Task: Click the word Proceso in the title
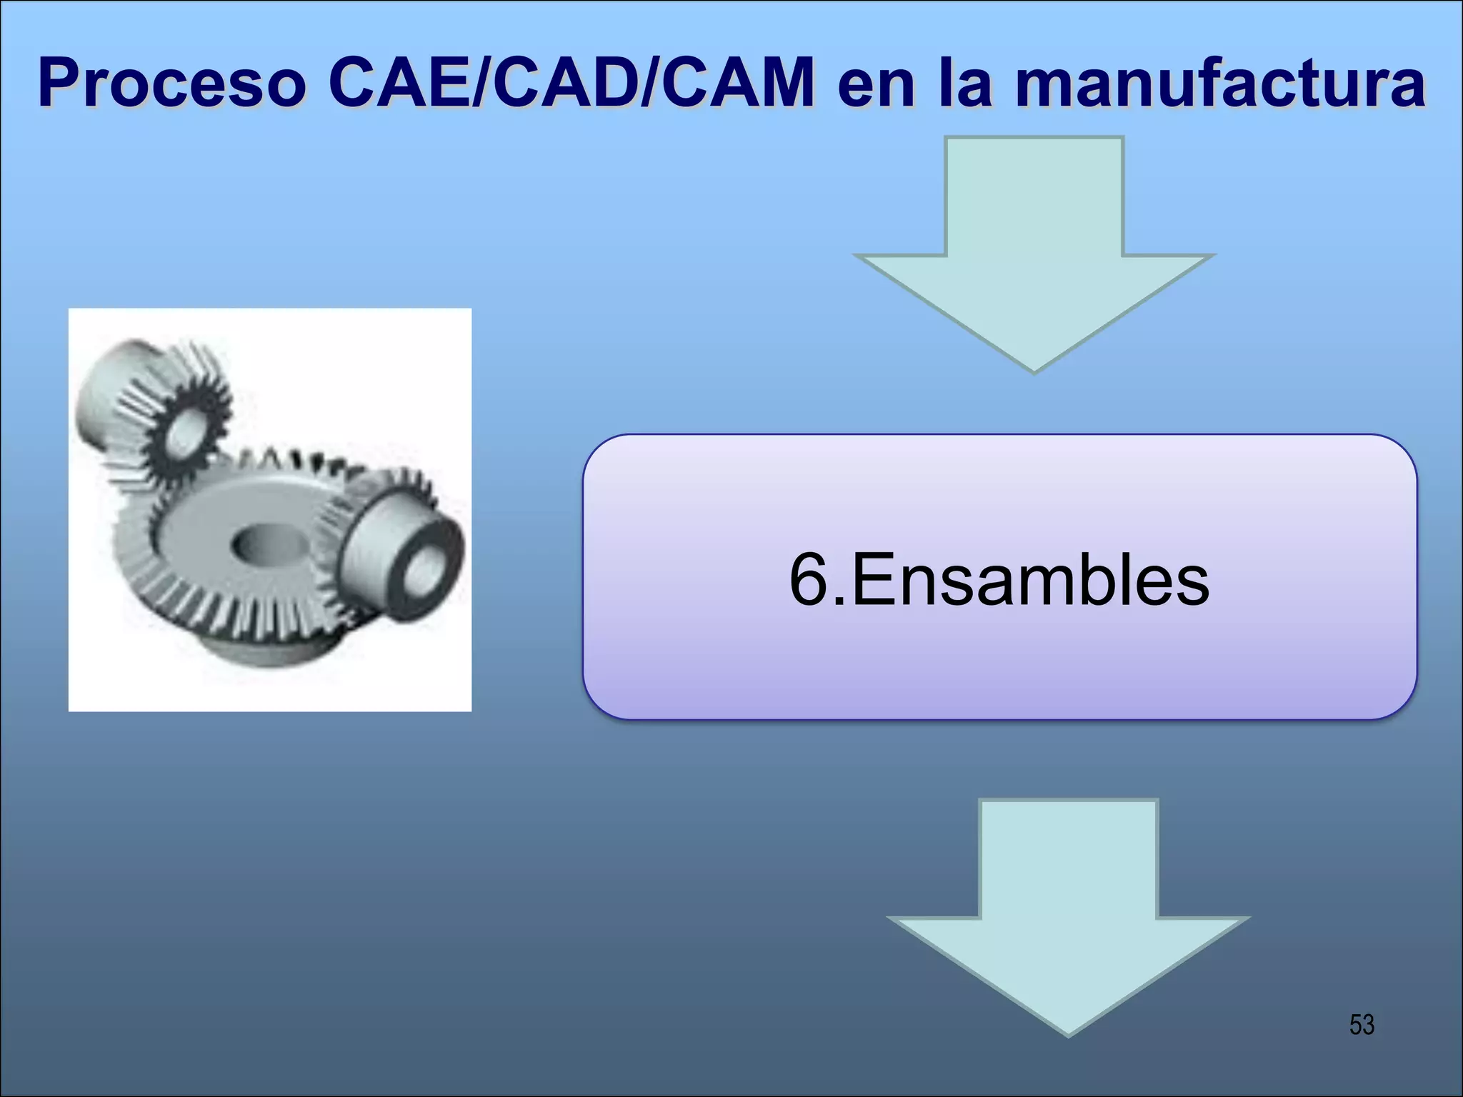[171, 84]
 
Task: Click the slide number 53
[1362, 1025]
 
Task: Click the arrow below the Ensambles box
[1068, 914]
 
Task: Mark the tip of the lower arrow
[1069, 1033]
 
